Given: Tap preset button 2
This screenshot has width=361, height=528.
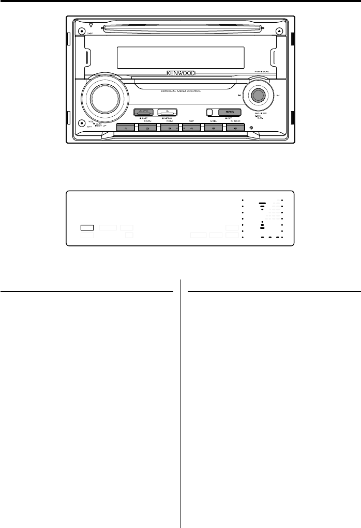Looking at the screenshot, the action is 147,128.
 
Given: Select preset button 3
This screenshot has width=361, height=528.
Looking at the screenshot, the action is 169,128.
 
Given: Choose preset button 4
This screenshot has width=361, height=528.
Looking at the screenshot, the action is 191,128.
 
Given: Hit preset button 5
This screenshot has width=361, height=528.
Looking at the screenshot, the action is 214,128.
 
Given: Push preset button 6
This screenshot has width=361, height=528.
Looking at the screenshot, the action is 236,128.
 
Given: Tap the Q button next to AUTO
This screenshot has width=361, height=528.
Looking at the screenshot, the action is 168,112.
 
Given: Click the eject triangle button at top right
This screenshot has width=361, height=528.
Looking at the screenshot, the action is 279,30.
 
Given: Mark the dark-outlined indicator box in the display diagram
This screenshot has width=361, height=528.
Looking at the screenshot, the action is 87,227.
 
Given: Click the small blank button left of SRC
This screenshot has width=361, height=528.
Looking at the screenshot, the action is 209,112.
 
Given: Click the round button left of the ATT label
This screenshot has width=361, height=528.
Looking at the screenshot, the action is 82,123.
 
